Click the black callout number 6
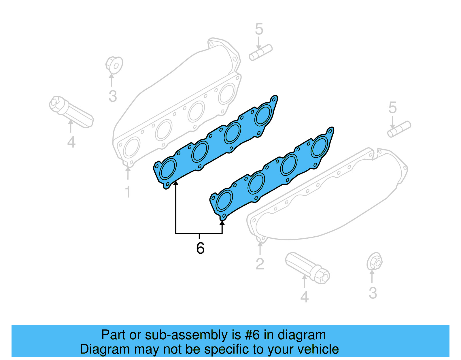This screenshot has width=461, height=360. click(x=200, y=248)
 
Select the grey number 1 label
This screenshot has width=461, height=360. click(x=128, y=192)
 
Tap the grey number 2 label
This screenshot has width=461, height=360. click(x=260, y=264)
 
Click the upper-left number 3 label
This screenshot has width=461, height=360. click(x=113, y=96)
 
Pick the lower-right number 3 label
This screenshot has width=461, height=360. click(x=373, y=293)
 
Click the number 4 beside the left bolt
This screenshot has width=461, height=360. click(x=71, y=142)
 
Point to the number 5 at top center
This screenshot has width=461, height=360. click(x=259, y=29)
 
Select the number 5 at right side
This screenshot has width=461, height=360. click(x=392, y=108)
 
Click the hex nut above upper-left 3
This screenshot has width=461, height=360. click(x=114, y=65)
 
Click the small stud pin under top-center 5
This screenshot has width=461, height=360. click(x=261, y=52)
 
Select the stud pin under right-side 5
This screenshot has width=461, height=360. click(x=399, y=129)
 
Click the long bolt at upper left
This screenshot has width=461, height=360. click(x=71, y=112)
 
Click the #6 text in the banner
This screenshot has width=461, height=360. click(x=252, y=335)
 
